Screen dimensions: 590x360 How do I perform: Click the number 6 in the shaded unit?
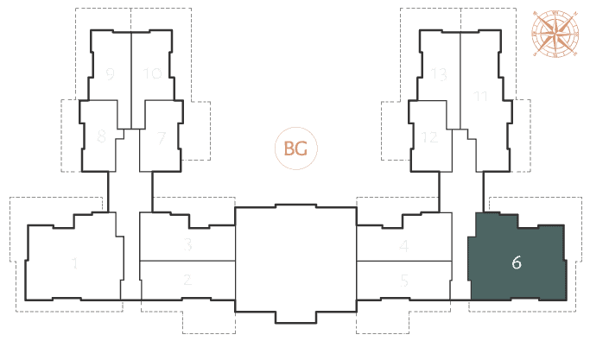pos(517,262)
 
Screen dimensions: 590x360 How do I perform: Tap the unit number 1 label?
pos(75,262)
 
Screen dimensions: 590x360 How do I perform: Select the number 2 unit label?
pos(187,280)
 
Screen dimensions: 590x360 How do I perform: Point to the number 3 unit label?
pos(187,244)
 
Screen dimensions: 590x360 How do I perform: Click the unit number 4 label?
pos(403,246)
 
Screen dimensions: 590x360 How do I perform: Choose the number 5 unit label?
pos(404,281)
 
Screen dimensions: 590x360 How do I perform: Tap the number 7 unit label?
pos(162,137)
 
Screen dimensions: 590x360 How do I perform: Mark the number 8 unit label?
pos(101,136)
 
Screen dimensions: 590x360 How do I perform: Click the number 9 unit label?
pos(110,73)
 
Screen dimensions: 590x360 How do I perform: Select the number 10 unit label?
pos(152,73)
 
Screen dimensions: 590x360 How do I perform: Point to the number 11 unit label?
pos(480,96)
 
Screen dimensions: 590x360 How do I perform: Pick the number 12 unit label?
pos(429,137)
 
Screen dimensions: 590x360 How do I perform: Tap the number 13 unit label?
pos(439,74)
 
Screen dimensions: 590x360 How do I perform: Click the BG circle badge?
pos(295,148)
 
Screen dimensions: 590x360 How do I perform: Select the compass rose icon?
pos(555,35)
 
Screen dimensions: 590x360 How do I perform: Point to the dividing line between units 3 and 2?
pos(187,261)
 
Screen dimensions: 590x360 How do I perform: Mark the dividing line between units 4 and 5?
pos(404,261)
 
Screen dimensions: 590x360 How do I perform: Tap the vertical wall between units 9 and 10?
pos(131,79)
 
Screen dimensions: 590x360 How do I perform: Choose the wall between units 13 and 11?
pos(460,79)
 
